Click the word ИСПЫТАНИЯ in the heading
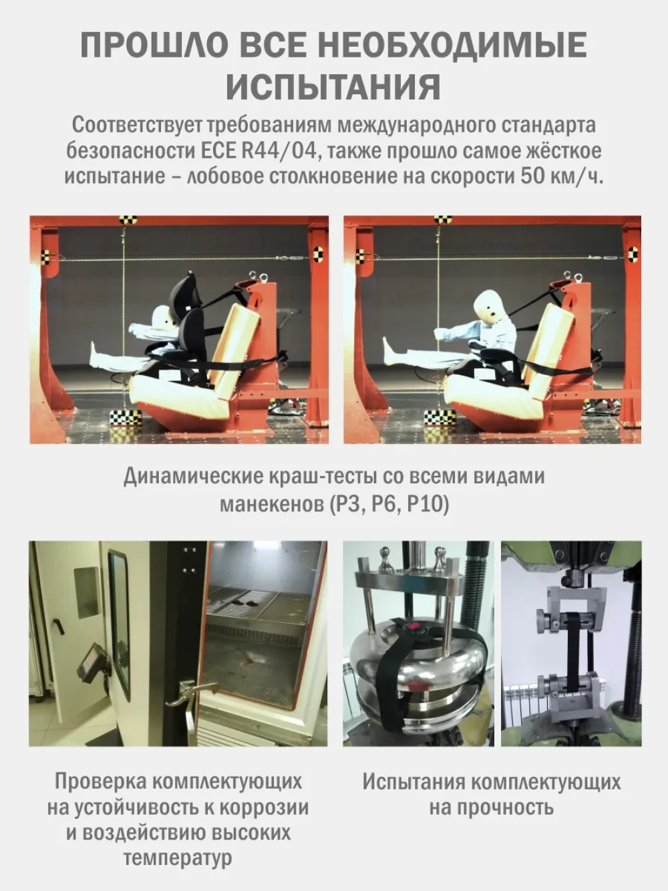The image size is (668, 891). click(x=333, y=87)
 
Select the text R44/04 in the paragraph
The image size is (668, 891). click(x=279, y=150)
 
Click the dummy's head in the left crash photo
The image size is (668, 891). click(x=164, y=319)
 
